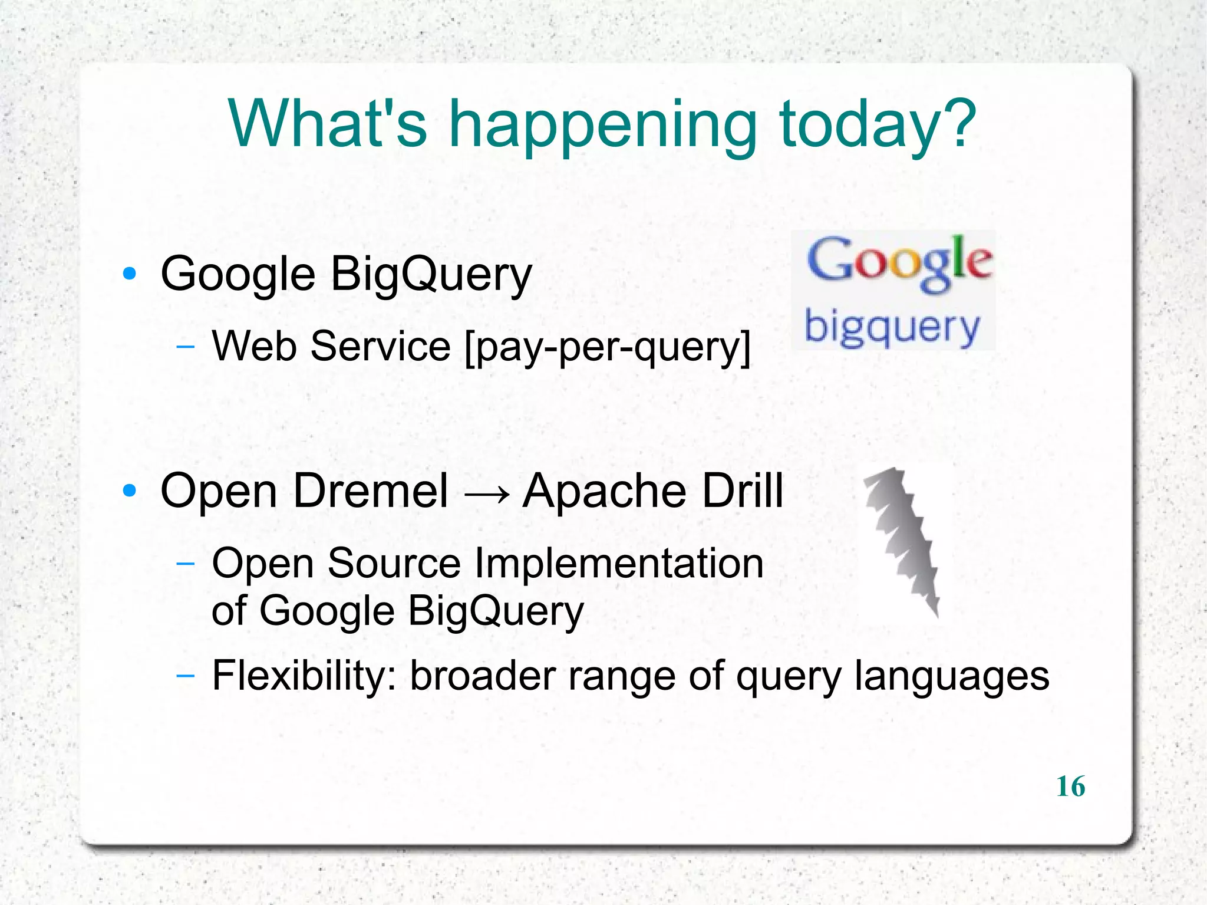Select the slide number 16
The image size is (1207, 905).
(1070, 786)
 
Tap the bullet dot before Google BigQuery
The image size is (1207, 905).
(130, 274)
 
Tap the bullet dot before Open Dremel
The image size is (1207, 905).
(130, 491)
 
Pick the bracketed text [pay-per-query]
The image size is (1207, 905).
(608, 348)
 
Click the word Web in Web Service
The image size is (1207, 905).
(254, 346)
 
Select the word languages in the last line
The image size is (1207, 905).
(952, 678)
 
